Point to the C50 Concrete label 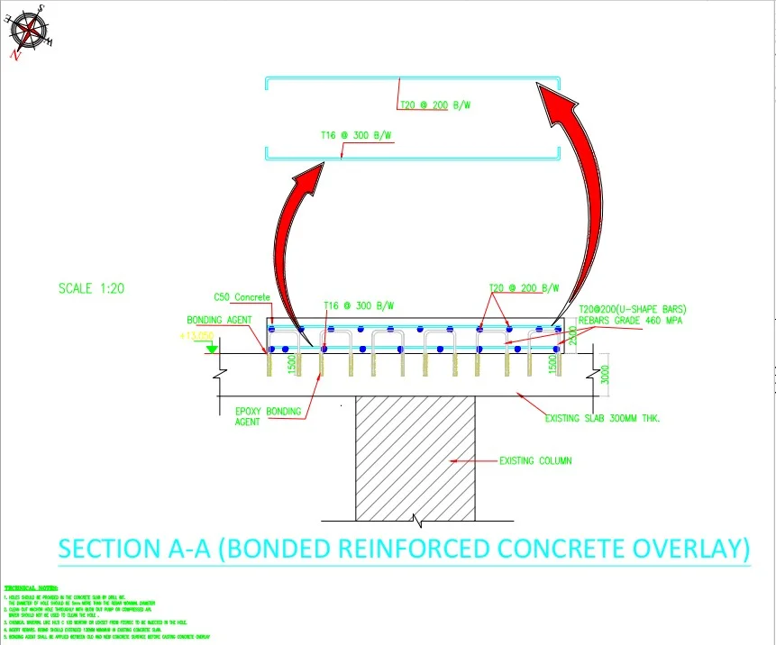(x=242, y=297)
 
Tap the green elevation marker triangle (x=211, y=347)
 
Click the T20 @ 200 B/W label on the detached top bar (x=435, y=105)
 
